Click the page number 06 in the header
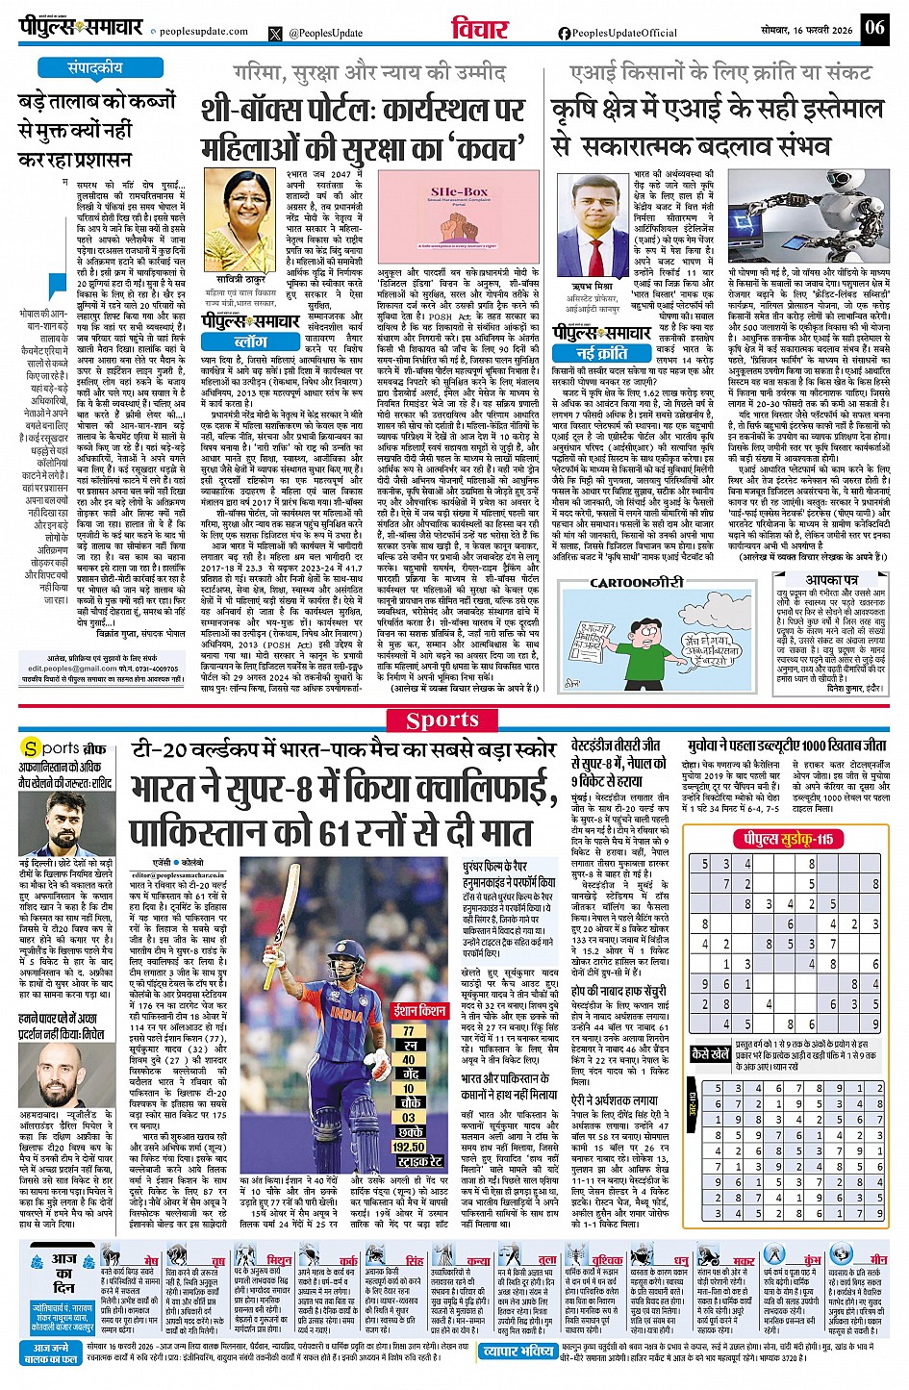(874, 27)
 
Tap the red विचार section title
(479, 29)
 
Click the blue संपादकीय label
(94, 68)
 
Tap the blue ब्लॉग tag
(250, 341)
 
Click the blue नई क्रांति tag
(602, 353)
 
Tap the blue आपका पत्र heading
(831, 580)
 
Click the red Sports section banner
(442, 720)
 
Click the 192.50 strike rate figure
(409, 1147)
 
